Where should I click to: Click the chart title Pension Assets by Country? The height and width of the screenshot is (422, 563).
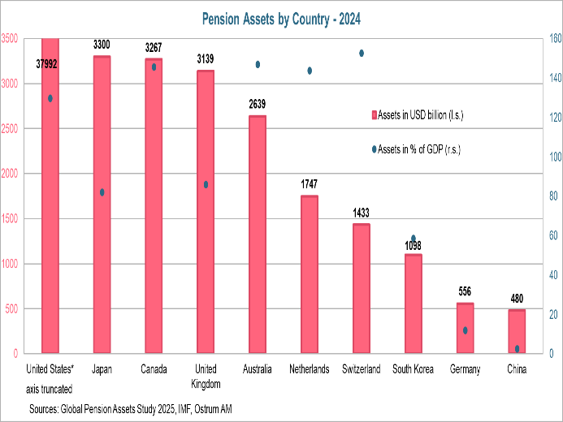[281, 17]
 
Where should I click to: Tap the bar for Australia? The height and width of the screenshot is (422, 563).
[258, 235]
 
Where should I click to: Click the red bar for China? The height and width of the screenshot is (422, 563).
[517, 332]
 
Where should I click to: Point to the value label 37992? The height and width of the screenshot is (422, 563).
[50, 64]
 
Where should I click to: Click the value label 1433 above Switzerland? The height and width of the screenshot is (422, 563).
[361, 213]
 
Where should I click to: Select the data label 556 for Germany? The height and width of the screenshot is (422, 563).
[465, 291]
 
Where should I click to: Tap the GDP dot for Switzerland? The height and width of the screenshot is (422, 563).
[362, 54]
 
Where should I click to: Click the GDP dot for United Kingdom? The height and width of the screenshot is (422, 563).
[206, 184]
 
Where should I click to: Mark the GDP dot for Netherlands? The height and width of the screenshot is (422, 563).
[310, 71]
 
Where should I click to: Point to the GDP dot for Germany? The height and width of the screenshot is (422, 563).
[465, 330]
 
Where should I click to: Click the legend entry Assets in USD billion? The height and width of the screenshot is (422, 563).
[421, 115]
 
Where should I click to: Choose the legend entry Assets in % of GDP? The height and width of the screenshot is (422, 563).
[420, 149]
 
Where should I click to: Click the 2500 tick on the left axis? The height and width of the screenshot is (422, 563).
[11, 128]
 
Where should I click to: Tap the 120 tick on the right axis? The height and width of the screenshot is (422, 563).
[552, 118]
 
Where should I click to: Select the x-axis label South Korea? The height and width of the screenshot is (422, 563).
[413, 370]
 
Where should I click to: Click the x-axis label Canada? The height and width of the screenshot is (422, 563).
[154, 370]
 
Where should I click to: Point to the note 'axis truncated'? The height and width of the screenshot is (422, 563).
[50, 389]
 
